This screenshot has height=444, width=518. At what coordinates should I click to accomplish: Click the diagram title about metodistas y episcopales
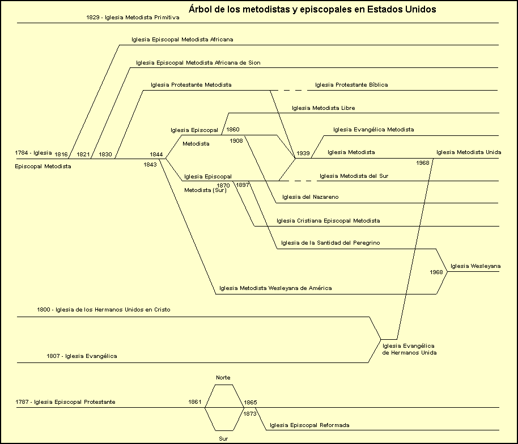coord(312,10)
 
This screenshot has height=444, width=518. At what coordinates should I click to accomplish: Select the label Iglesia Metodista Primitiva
coord(133,18)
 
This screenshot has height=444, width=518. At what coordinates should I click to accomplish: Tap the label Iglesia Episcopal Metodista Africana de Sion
coord(198,62)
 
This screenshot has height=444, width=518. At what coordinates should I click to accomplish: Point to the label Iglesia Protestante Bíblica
coord(351,85)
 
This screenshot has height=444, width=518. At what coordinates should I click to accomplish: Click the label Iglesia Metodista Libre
coord(324,108)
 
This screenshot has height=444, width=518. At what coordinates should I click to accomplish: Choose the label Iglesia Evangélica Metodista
coord(373,130)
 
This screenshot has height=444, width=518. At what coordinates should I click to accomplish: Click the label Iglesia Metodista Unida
coord(469,152)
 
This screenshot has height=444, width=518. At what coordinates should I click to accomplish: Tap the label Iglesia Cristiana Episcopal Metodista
coord(328,220)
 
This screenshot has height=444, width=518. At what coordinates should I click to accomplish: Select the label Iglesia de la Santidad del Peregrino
coord(330,243)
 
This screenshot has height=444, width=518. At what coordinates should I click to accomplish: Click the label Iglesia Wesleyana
coord(475,266)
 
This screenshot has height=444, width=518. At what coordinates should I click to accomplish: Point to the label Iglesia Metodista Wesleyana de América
coord(275,288)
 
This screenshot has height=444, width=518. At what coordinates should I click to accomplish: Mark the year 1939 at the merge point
coord(303,153)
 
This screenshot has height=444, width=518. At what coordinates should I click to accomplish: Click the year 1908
coord(236,141)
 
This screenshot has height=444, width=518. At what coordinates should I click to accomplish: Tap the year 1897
coord(243,185)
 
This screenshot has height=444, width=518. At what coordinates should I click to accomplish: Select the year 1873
coord(250,414)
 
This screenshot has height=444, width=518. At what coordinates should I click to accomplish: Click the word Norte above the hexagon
coord(223,378)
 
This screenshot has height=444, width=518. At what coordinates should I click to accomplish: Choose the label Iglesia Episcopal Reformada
coord(309,425)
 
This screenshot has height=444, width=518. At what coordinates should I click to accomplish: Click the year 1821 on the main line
coord(83,154)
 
